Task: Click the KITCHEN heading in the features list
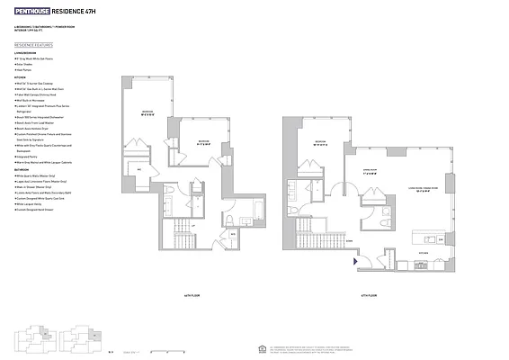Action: [19, 79]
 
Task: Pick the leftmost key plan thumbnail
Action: [32, 341]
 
